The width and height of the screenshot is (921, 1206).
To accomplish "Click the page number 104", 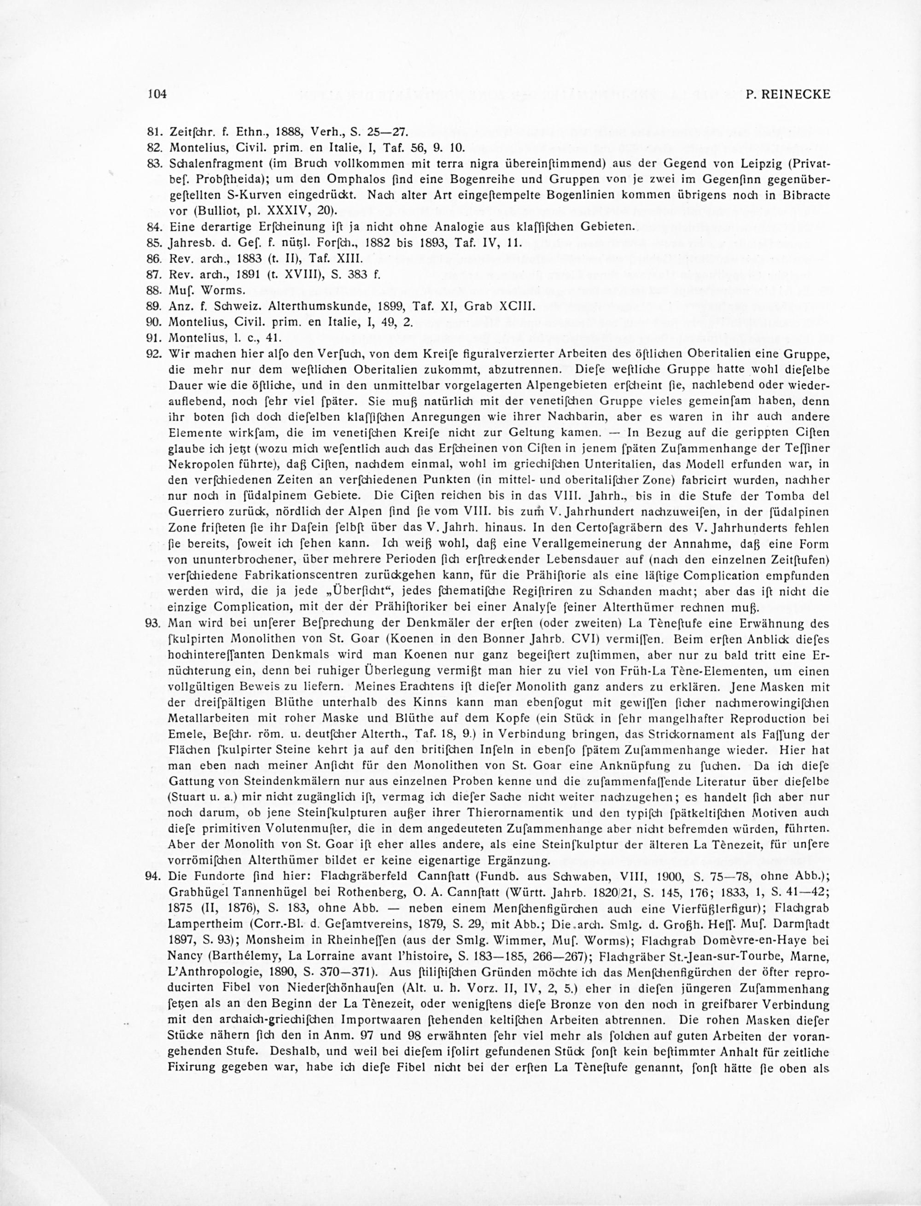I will click(156, 94).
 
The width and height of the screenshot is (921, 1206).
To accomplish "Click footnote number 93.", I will click(154, 624).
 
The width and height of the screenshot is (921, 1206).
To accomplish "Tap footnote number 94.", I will click(154, 876).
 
